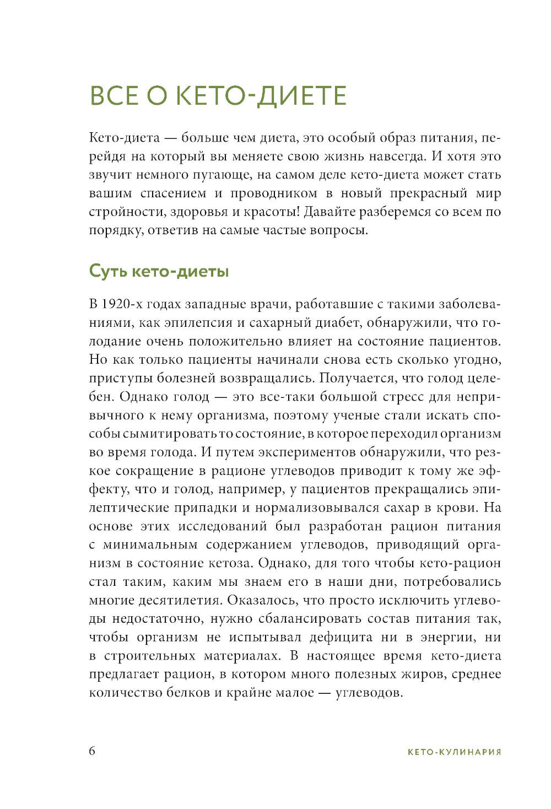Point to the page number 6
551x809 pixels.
[x=92, y=751]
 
